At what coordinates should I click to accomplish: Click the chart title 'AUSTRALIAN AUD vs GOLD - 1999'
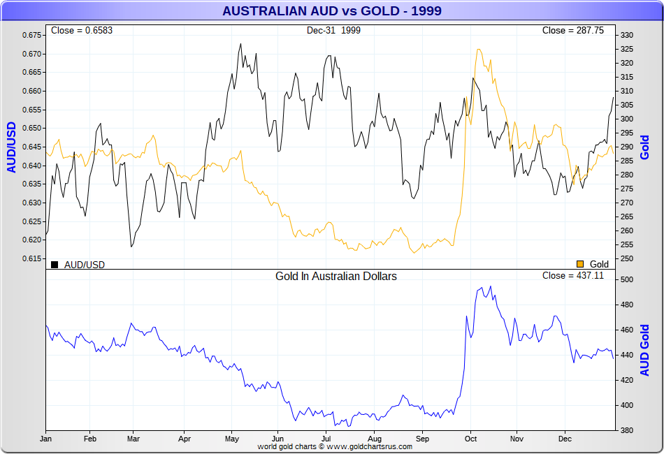[331, 11]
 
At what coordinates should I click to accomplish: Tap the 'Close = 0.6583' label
[82, 31]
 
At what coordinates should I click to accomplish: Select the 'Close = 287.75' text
[572, 31]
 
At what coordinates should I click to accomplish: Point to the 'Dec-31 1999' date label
[333, 31]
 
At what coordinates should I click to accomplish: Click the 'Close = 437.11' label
[572, 276]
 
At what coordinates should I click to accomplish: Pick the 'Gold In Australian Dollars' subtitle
[336, 277]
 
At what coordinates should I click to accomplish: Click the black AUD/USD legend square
[55, 264]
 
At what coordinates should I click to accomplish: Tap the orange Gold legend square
[580, 264]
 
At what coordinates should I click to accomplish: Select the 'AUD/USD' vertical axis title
[12, 147]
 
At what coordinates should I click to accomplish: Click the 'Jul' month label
[326, 439]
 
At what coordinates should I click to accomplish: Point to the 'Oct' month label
[470, 439]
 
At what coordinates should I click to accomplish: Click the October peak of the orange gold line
[479, 50]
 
